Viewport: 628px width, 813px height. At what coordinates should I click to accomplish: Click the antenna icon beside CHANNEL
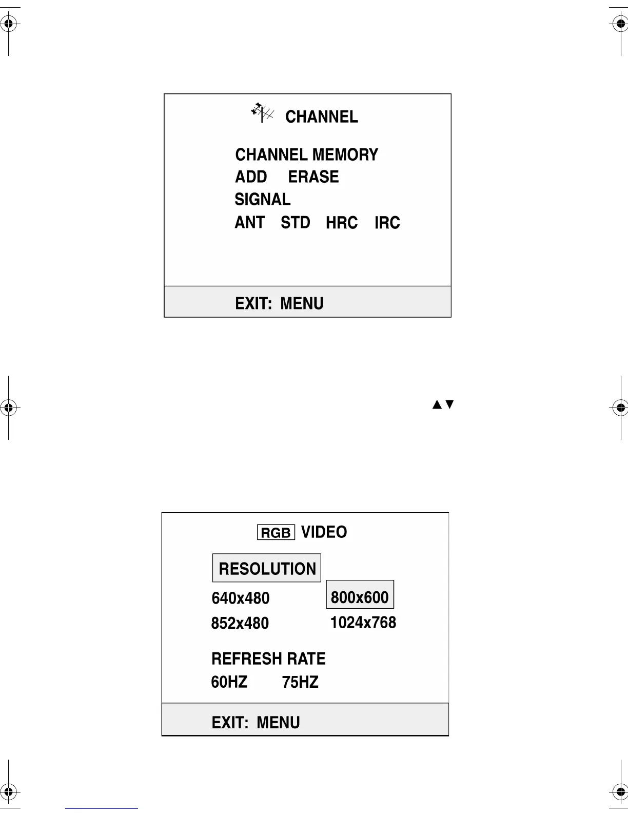point(262,113)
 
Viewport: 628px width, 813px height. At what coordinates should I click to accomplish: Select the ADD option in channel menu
point(251,177)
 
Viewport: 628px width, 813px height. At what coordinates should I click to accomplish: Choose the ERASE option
point(313,177)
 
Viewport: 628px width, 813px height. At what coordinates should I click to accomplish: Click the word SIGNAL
point(262,199)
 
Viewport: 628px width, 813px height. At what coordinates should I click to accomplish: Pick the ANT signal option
point(249,223)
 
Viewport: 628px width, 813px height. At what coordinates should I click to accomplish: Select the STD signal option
point(296,223)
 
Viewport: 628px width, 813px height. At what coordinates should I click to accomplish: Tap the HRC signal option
point(342,223)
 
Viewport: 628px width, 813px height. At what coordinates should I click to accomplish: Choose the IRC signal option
point(387,223)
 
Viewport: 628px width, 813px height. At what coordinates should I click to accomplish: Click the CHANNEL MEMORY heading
point(306,154)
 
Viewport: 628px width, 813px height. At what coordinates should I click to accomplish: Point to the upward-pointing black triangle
point(437,404)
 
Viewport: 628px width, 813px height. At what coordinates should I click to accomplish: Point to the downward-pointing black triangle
point(449,404)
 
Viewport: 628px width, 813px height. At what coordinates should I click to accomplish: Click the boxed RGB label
point(276,533)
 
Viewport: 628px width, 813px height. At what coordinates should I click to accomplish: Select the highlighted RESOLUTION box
point(267,568)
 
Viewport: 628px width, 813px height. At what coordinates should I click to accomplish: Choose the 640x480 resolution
point(241,598)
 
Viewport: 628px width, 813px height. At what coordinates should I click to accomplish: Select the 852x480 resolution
point(240,623)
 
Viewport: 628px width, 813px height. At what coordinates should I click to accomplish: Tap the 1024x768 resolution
point(363,623)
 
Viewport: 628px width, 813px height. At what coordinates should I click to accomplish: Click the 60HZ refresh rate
point(229,682)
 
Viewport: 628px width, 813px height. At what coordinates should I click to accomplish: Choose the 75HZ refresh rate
point(300,682)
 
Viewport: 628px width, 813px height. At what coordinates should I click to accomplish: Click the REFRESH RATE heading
point(268,659)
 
